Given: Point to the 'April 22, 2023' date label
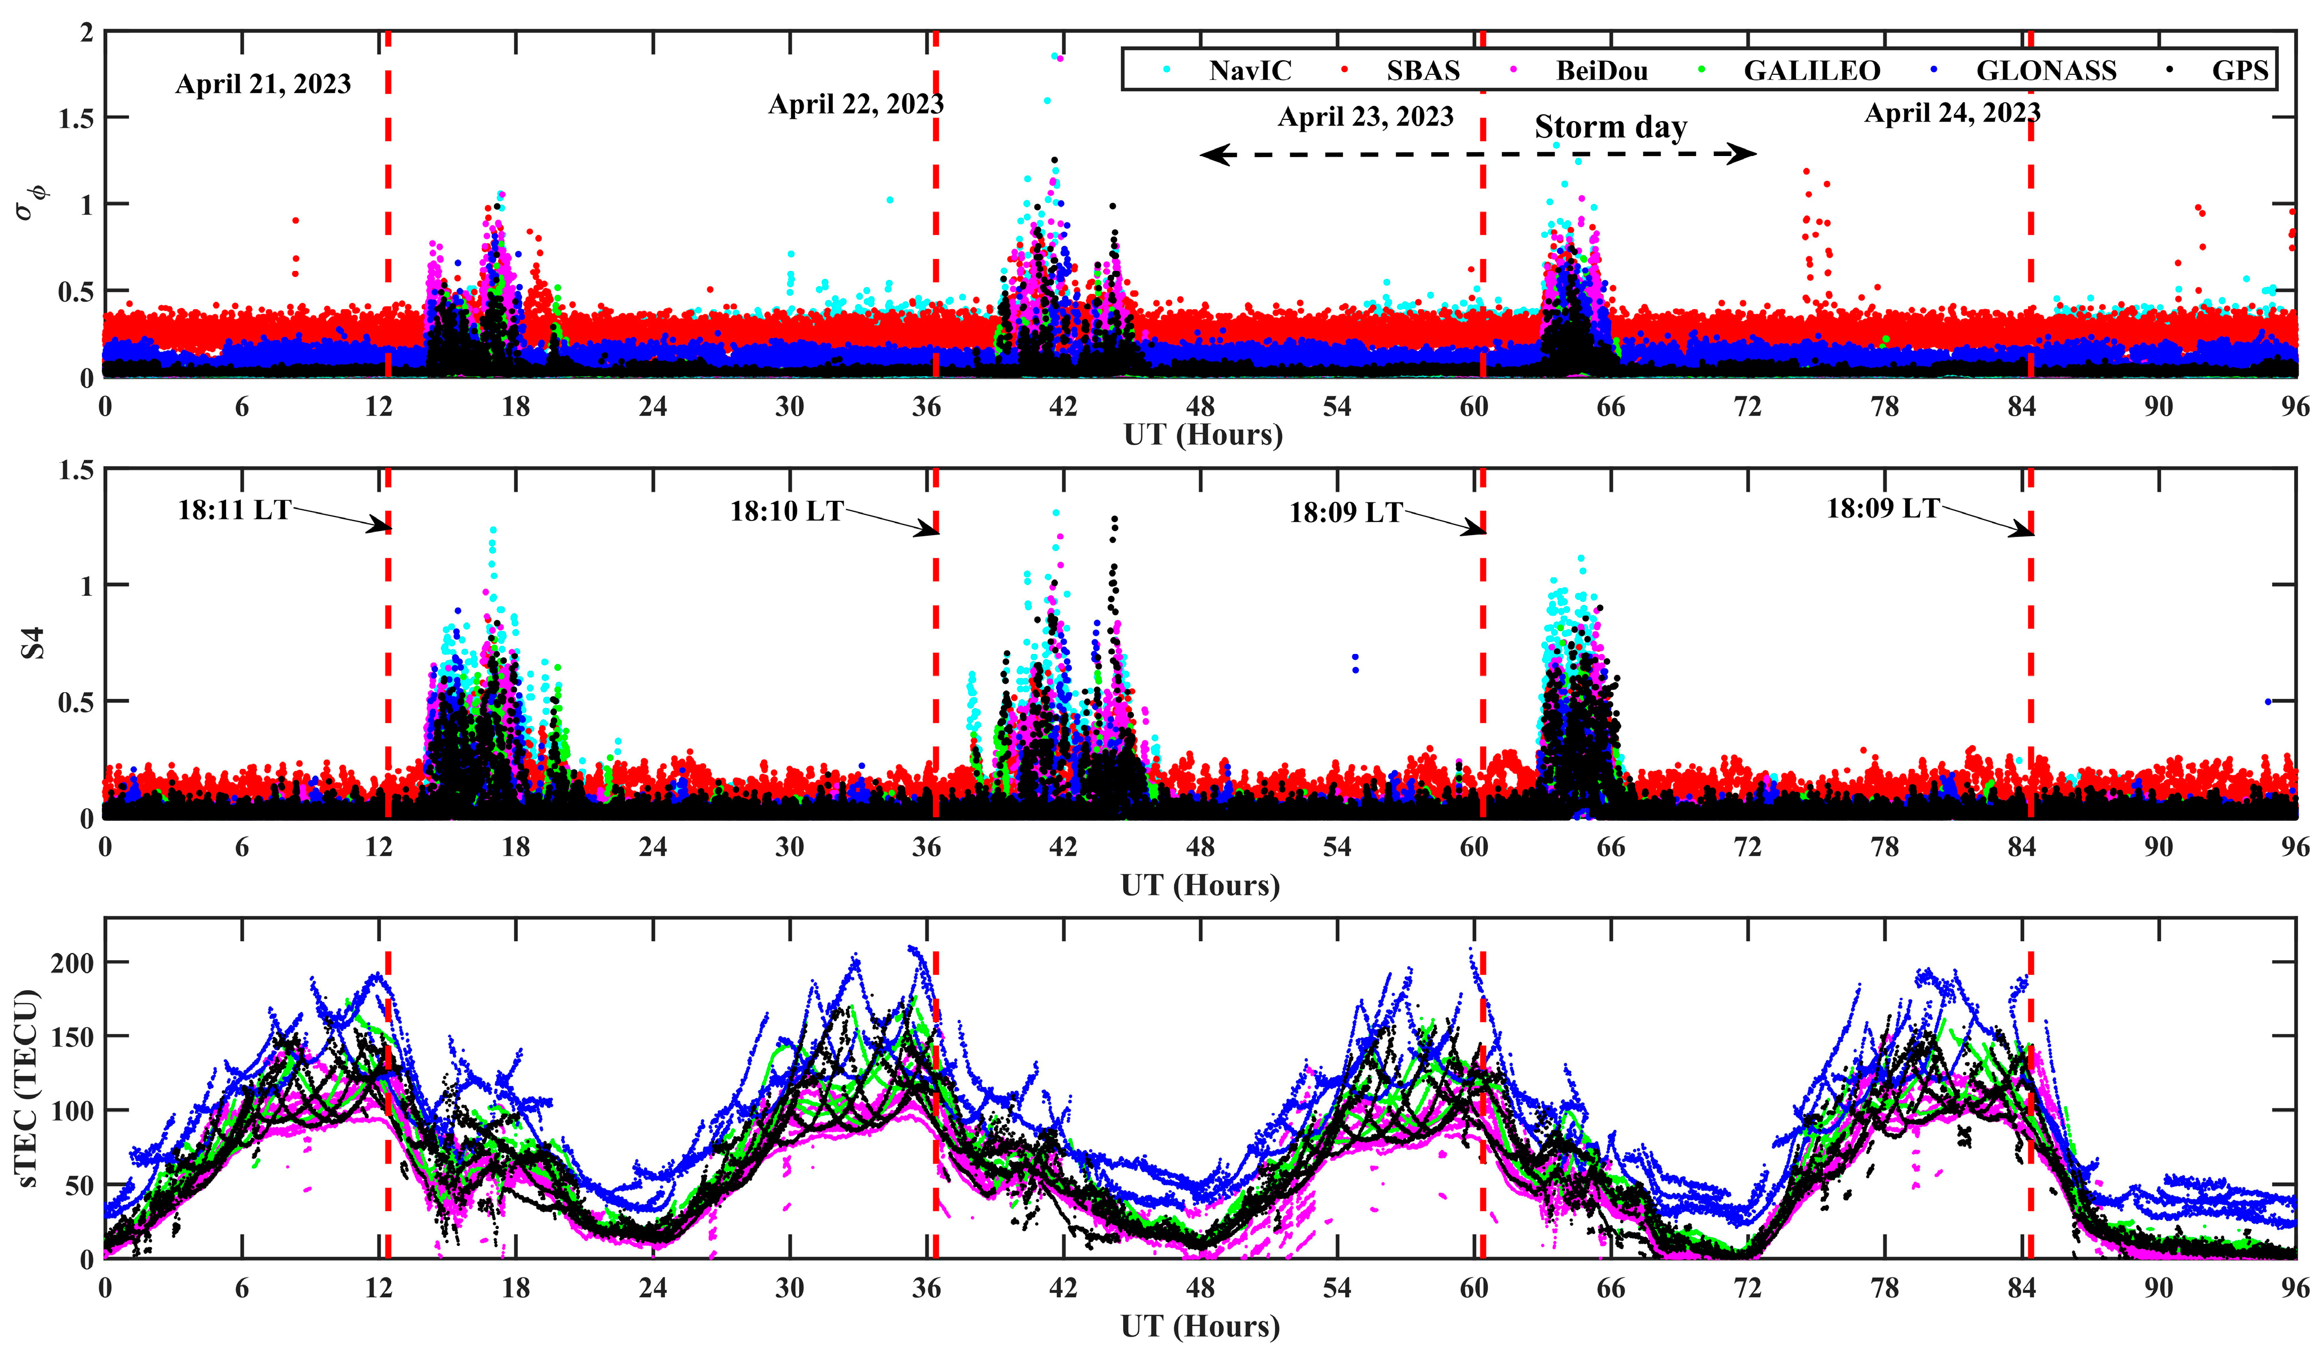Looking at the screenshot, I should pos(856,104).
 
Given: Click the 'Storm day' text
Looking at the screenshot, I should pos(1610,127).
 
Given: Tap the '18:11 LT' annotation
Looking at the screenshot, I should pos(234,509).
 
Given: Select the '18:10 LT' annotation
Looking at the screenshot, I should pos(787,511).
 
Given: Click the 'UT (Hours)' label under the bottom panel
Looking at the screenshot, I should pos(1200,1326).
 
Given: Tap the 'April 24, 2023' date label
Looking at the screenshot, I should pos(1952,113).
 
